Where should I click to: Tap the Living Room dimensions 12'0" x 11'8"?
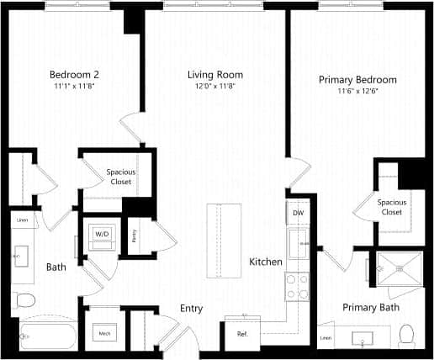coord(211,86)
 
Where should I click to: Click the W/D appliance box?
coord(102,233)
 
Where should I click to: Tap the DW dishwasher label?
coord(298,214)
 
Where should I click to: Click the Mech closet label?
coord(105,334)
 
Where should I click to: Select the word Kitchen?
coord(266,262)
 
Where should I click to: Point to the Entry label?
coord(192,309)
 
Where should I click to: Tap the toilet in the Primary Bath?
coord(408,335)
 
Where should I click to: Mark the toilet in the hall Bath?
coord(24,299)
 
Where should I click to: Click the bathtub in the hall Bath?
coord(46,335)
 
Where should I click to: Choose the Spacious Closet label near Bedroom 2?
coord(121,177)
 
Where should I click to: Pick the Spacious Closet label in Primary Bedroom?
coord(390,207)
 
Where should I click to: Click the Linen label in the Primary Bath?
coord(326,339)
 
